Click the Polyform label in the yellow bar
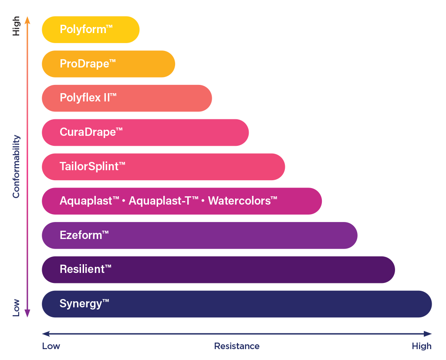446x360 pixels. click(86, 30)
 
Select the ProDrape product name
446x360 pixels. click(88, 64)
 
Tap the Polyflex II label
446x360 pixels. click(88, 98)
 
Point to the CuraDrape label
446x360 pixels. click(91, 132)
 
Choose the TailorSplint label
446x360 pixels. click(92, 167)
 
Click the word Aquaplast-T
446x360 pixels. click(164, 201)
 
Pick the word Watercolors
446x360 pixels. click(243, 201)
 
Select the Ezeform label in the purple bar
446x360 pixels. click(84, 235)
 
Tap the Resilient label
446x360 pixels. click(85, 269)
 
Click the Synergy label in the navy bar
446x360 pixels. click(84, 304)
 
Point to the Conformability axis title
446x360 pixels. click(16, 167)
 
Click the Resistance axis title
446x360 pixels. click(237, 346)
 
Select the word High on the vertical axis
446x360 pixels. click(16, 26)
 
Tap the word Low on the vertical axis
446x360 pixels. click(16, 308)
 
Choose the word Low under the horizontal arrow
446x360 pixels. click(51, 346)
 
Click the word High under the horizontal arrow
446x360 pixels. click(422, 346)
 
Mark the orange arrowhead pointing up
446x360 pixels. click(27, 20)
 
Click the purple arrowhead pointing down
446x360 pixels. click(27, 313)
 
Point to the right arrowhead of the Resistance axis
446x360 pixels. click(428, 334)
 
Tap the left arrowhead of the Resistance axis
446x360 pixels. click(46, 334)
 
